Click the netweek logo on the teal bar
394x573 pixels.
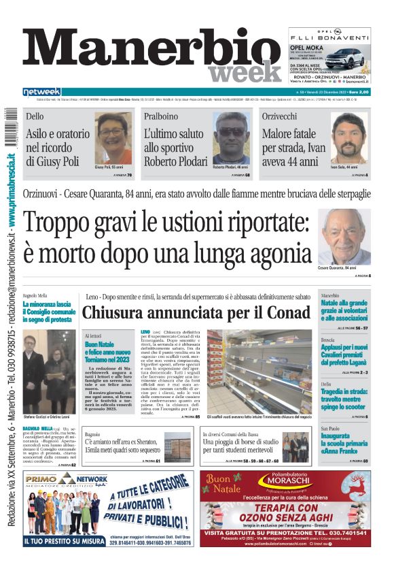[41, 92]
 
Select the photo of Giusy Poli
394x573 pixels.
[113, 138]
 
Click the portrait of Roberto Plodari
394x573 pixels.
[232, 137]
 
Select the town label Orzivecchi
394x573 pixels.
[300, 116]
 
